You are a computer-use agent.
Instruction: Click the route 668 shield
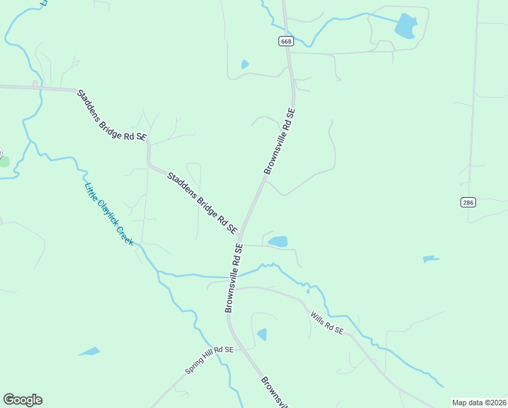(285, 41)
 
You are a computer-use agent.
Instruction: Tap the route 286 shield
(468, 202)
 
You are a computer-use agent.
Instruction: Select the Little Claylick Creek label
(109, 214)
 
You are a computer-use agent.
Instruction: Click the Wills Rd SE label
(327, 323)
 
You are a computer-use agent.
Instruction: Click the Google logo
(22, 400)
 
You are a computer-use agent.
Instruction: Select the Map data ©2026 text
(479, 402)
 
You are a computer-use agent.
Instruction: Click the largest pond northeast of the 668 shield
(406, 26)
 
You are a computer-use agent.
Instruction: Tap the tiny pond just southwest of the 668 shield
(244, 65)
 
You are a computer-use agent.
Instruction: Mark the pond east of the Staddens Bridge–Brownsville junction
(278, 241)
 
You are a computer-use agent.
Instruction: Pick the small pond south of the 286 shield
(430, 259)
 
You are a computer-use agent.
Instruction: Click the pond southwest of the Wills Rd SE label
(262, 335)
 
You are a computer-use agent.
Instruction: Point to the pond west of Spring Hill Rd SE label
(89, 352)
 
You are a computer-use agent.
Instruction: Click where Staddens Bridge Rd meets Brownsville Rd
(240, 235)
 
